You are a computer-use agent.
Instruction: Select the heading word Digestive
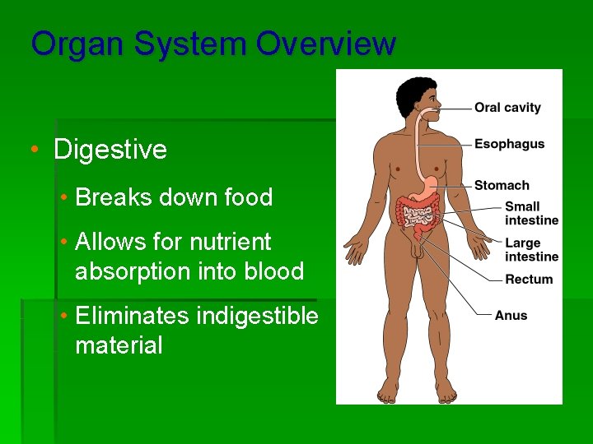point(110,150)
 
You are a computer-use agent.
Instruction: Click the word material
point(119,345)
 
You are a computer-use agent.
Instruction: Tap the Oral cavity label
point(507,108)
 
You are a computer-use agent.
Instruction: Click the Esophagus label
point(509,144)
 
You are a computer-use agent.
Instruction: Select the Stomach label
point(502,186)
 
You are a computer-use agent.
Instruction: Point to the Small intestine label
point(531,213)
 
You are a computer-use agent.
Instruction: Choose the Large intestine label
point(531,250)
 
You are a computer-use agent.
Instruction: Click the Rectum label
point(529,280)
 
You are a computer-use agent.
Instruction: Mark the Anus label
point(511,315)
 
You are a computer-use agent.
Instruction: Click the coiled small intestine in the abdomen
point(418,217)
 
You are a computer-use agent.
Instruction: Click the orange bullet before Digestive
point(34,150)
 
